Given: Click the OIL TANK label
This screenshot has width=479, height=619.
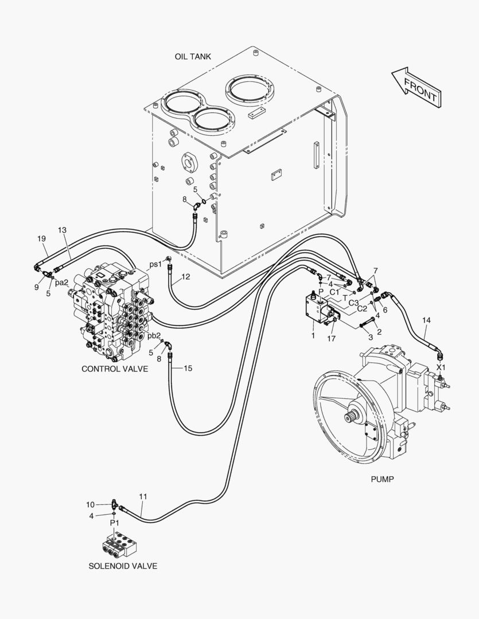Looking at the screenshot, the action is click(x=193, y=56).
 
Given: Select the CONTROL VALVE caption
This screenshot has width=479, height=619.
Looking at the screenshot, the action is click(x=115, y=369).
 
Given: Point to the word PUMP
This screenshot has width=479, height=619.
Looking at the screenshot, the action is click(x=382, y=479).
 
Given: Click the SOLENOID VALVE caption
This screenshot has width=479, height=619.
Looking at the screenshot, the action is click(x=123, y=566).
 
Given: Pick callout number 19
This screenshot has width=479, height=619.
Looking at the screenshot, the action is click(x=41, y=238).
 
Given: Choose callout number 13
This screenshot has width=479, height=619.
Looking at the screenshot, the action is click(x=62, y=230).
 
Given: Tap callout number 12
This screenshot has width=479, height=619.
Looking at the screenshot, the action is click(x=186, y=277).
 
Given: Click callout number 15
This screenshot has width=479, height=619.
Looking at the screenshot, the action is click(x=188, y=368).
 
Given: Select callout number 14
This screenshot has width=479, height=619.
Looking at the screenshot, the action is click(x=426, y=320).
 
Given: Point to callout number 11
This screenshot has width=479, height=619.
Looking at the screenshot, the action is click(x=143, y=496).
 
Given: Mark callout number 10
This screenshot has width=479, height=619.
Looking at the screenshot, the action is click(x=91, y=504).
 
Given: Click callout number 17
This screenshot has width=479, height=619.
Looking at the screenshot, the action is click(x=331, y=338).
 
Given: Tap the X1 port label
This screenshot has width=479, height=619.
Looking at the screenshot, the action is click(x=441, y=367).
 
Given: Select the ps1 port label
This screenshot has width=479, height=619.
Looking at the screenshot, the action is click(x=155, y=264).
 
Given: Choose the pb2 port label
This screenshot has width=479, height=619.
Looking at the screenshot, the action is click(x=154, y=335).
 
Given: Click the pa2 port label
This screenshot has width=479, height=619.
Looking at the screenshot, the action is click(x=62, y=283).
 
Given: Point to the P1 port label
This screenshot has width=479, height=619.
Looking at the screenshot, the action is click(x=114, y=523).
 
